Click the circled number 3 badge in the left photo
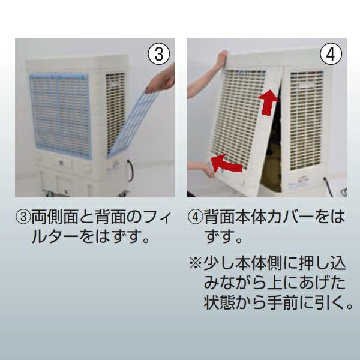(x=158, y=55)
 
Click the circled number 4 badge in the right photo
(x=329, y=55)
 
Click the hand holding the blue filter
(x=163, y=78)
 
